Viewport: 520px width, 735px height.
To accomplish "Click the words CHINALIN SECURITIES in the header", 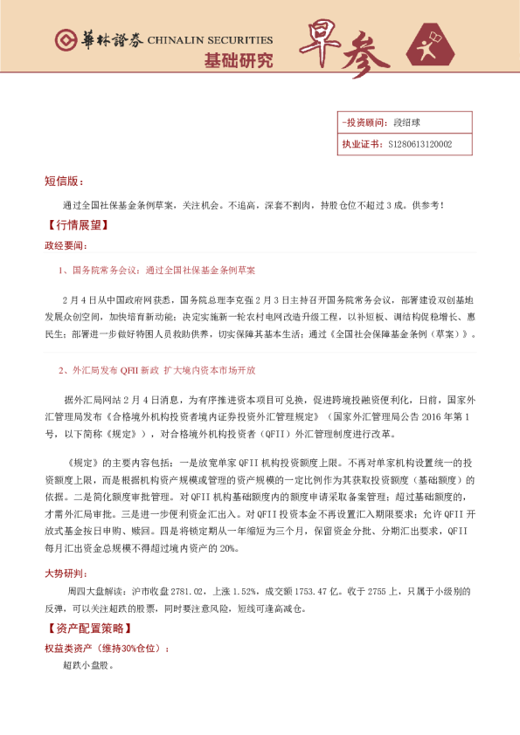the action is (210, 40).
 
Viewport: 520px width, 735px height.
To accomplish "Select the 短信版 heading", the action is (63, 181).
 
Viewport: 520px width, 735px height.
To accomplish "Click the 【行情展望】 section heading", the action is (75, 224).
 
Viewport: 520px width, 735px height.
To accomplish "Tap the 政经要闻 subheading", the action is (66, 246).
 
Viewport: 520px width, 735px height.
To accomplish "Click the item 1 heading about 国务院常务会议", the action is (162, 271).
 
